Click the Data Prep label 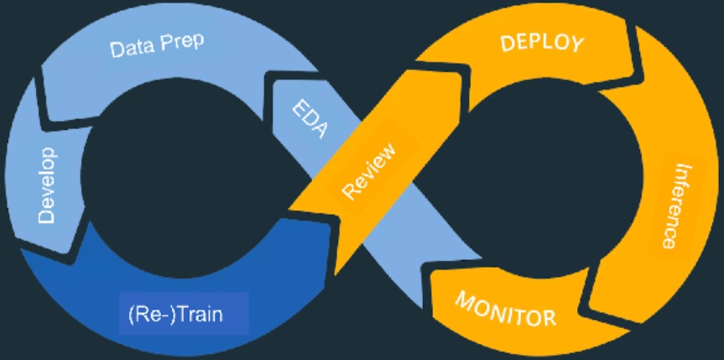pyautogui.click(x=158, y=45)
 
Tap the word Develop pyautogui.click(x=47, y=185)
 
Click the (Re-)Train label pyautogui.click(x=184, y=316)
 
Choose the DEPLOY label pyautogui.click(x=540, y=44)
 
